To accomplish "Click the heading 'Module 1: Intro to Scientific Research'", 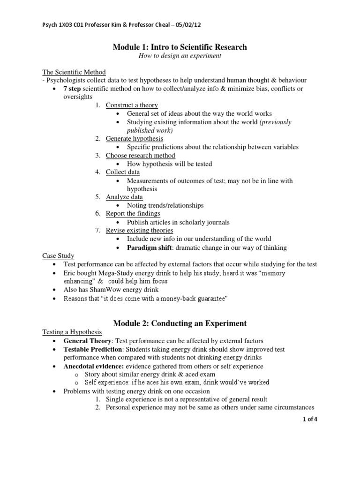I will pyautogui.click(x=180, y=47).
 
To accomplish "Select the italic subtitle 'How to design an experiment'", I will pyautogui.click(x=180, y=56).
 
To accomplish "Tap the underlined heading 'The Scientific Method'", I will pyautogui.click(x=74, y=72).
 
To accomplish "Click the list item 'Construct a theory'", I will pyautogui.click(x=132, y=105).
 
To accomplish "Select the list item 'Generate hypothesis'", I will pyautogui.click(x=135, y=139).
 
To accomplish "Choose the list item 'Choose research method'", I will pyautogui.click(x=141, y=155).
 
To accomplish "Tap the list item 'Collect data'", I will pyautogui.click(x=123, y=172).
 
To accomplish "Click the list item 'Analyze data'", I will pyautogui.click(x=124, y=197).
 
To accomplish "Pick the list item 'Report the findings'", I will pyautogui.click(x=133, y=214).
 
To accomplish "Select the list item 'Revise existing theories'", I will pyautogui.click(x=139, y=230).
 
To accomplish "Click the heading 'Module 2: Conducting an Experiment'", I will pyautogui.click(x=180, y=323).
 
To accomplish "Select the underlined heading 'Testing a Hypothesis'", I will pyautogui.click(x=72, y=332).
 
